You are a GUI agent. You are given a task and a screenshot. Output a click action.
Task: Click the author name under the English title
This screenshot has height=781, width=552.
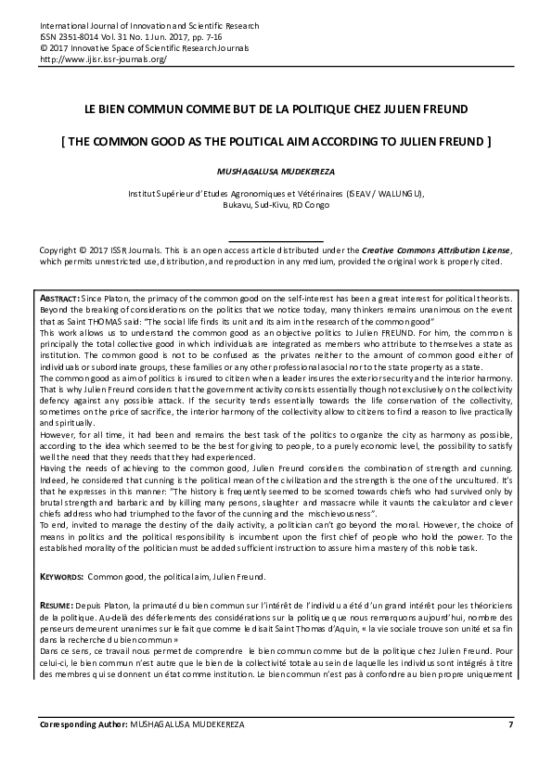click(276, 172)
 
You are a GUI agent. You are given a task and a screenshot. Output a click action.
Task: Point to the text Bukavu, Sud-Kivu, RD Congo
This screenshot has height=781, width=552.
click(276, 205)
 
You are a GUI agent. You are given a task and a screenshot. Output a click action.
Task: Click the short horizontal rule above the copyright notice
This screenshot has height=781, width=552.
click(276, 240)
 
